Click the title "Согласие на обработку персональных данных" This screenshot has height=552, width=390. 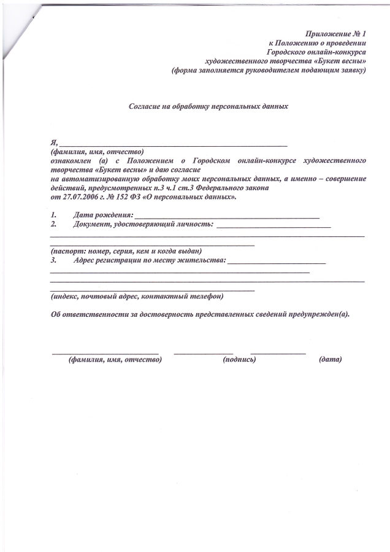pyautogui.click(x=208, y=106)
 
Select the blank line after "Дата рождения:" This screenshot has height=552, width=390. pyautogui.click(x=226, y=217)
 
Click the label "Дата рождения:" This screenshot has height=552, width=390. pyautogui.click(x=102, y=216)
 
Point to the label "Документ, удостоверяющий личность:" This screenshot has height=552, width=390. pyautogui.click(x=143, y=225)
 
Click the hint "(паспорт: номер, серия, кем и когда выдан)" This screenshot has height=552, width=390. pyautogui.click(x=126, y=251)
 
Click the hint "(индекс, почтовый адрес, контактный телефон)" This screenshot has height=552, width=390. pyautogui.click(x=137, y=296)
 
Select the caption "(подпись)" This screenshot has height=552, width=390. pyautogui.click(x=239, y=360)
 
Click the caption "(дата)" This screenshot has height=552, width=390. pyautogui.click(x=330, y=360)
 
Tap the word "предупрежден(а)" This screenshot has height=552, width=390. pyautogui.click(x=323, y=314)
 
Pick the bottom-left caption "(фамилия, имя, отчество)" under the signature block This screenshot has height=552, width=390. pyautogui.click(x=115, y=360)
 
